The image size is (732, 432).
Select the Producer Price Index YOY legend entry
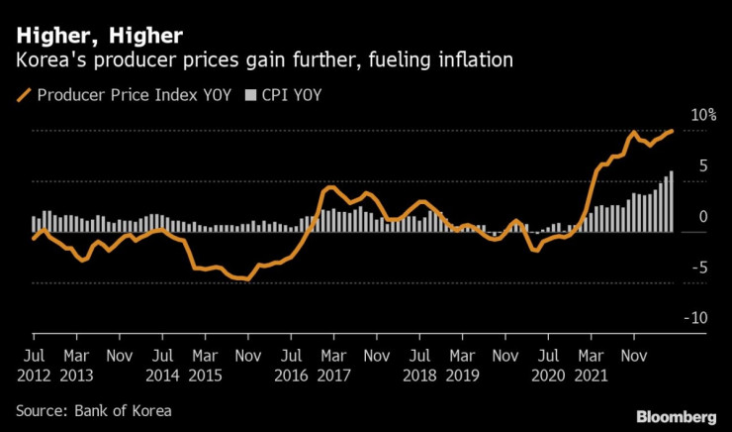tap(115, 96)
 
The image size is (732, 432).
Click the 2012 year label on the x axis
tap(33, 376)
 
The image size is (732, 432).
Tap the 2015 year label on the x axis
tap(207, 376)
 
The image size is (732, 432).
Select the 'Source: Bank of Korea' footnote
tap(93, 408)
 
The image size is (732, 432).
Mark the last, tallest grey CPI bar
tap(672, 202)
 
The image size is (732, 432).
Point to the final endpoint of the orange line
tap(673, 131)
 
